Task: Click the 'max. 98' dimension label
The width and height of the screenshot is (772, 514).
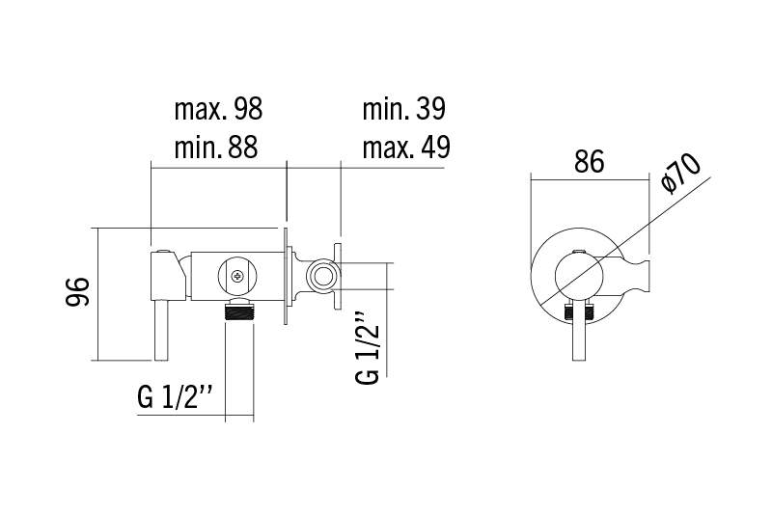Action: tap(218, 109)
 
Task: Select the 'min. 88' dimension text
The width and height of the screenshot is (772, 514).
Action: tap(215, 147)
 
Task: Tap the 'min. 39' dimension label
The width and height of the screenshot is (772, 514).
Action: tap(403, 109)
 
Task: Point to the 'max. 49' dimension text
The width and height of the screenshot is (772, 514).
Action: tap(406, 147)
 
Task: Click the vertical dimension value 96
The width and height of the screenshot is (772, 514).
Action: tap(78, 292)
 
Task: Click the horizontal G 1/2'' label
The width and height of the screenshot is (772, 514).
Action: tap(176, 397)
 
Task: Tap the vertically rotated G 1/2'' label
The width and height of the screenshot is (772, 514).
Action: tap(368, 348)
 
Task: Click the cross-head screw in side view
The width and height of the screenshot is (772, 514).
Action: tap(237, 276)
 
